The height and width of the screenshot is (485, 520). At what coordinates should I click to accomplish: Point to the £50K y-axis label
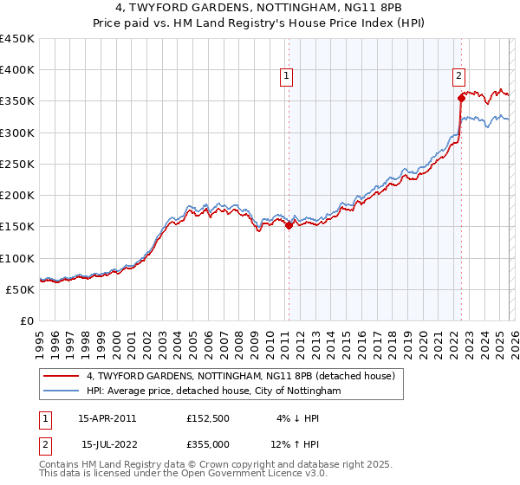[x=21, y=289]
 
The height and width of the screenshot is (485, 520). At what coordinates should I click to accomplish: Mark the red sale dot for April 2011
[x=289, y=225]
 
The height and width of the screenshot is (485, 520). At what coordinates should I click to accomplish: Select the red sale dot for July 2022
[x=461, y=99]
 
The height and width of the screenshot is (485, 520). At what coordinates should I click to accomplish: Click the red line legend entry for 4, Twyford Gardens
[x=241, y=376]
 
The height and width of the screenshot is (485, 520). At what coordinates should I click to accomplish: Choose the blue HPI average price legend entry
[x=214, y=391]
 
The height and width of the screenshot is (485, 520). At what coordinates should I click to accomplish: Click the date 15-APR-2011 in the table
[x=107, y=418]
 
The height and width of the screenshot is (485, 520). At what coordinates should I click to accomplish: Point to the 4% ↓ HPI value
[x=298, y=418]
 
